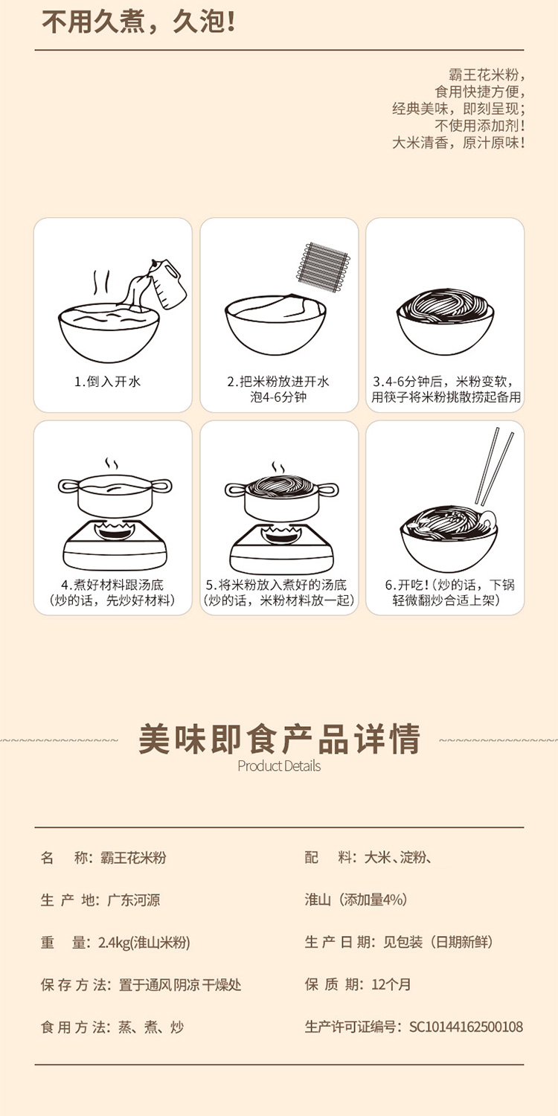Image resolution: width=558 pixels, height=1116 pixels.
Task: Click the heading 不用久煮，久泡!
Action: [138, 22]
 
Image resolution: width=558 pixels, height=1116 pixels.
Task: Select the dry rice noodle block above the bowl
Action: [324, 269]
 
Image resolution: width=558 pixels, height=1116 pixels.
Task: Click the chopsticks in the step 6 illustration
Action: [494, 466]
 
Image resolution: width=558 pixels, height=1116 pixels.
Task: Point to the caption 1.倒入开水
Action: [108, 382]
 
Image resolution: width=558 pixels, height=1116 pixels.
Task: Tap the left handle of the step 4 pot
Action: [68, 486]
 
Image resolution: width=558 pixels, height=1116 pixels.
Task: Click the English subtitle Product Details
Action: [279, 766]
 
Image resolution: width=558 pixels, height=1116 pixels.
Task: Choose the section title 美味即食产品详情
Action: [279, 739]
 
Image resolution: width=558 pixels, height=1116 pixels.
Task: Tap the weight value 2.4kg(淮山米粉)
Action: [144, 942]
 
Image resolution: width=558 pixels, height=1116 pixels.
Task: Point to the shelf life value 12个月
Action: [391, 984]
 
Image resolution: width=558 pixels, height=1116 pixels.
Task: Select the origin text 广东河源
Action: [133, 899]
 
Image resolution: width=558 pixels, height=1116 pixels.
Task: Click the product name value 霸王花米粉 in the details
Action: [133, 857]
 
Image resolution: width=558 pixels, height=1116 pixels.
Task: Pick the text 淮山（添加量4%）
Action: [356, 899]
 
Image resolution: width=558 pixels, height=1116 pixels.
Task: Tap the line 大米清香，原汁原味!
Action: [458, 143]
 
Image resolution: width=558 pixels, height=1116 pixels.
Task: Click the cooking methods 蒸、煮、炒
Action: [151, 1027]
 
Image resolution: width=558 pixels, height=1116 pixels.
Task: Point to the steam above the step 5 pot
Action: [278, 468]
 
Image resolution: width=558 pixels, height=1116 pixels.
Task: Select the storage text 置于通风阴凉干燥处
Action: [180, 984]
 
